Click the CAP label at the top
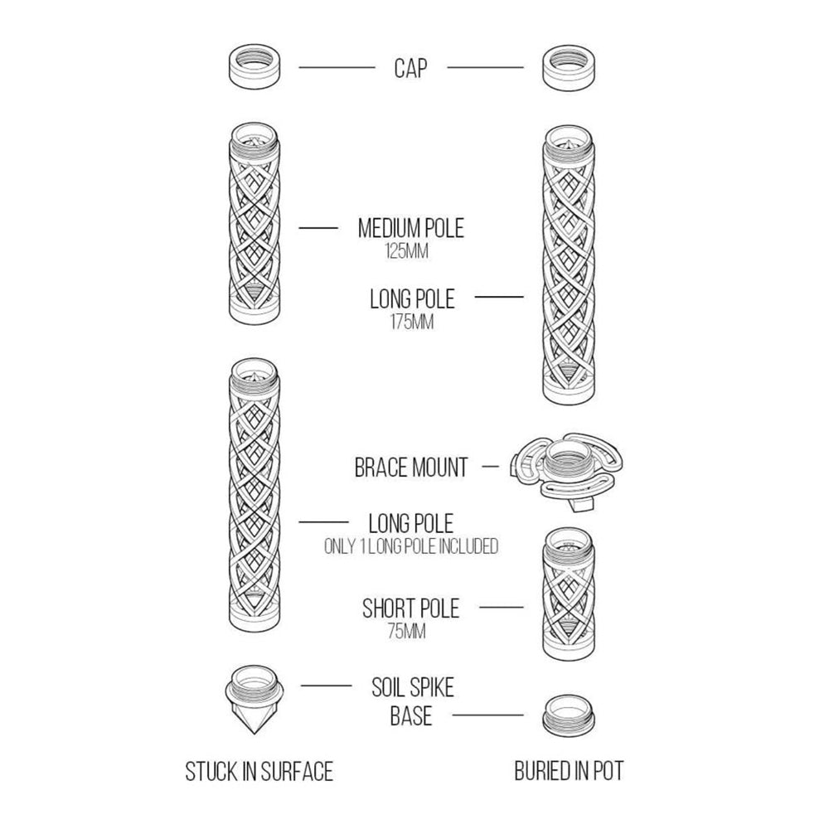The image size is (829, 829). [410, 68]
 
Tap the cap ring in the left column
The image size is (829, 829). [255, 66]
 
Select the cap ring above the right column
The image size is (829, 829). [569, 68]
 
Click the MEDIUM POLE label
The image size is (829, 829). [411, 229]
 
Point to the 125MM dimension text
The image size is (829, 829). [406, 251]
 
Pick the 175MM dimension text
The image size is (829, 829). [412, 322]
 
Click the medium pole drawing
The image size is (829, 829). [255, 224]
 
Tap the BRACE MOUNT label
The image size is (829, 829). [411, 468]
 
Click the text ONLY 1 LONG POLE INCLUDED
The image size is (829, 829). [411, 546]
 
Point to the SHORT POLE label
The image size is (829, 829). [411, 608]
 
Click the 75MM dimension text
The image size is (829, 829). [406, 631]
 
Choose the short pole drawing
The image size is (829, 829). [569, 594]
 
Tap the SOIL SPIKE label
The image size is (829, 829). [412, 687]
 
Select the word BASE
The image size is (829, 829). [411, 716]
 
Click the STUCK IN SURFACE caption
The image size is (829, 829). [259, 771]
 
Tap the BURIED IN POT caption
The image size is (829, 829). [569, 771]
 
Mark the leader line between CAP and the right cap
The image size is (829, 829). [485, 68]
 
